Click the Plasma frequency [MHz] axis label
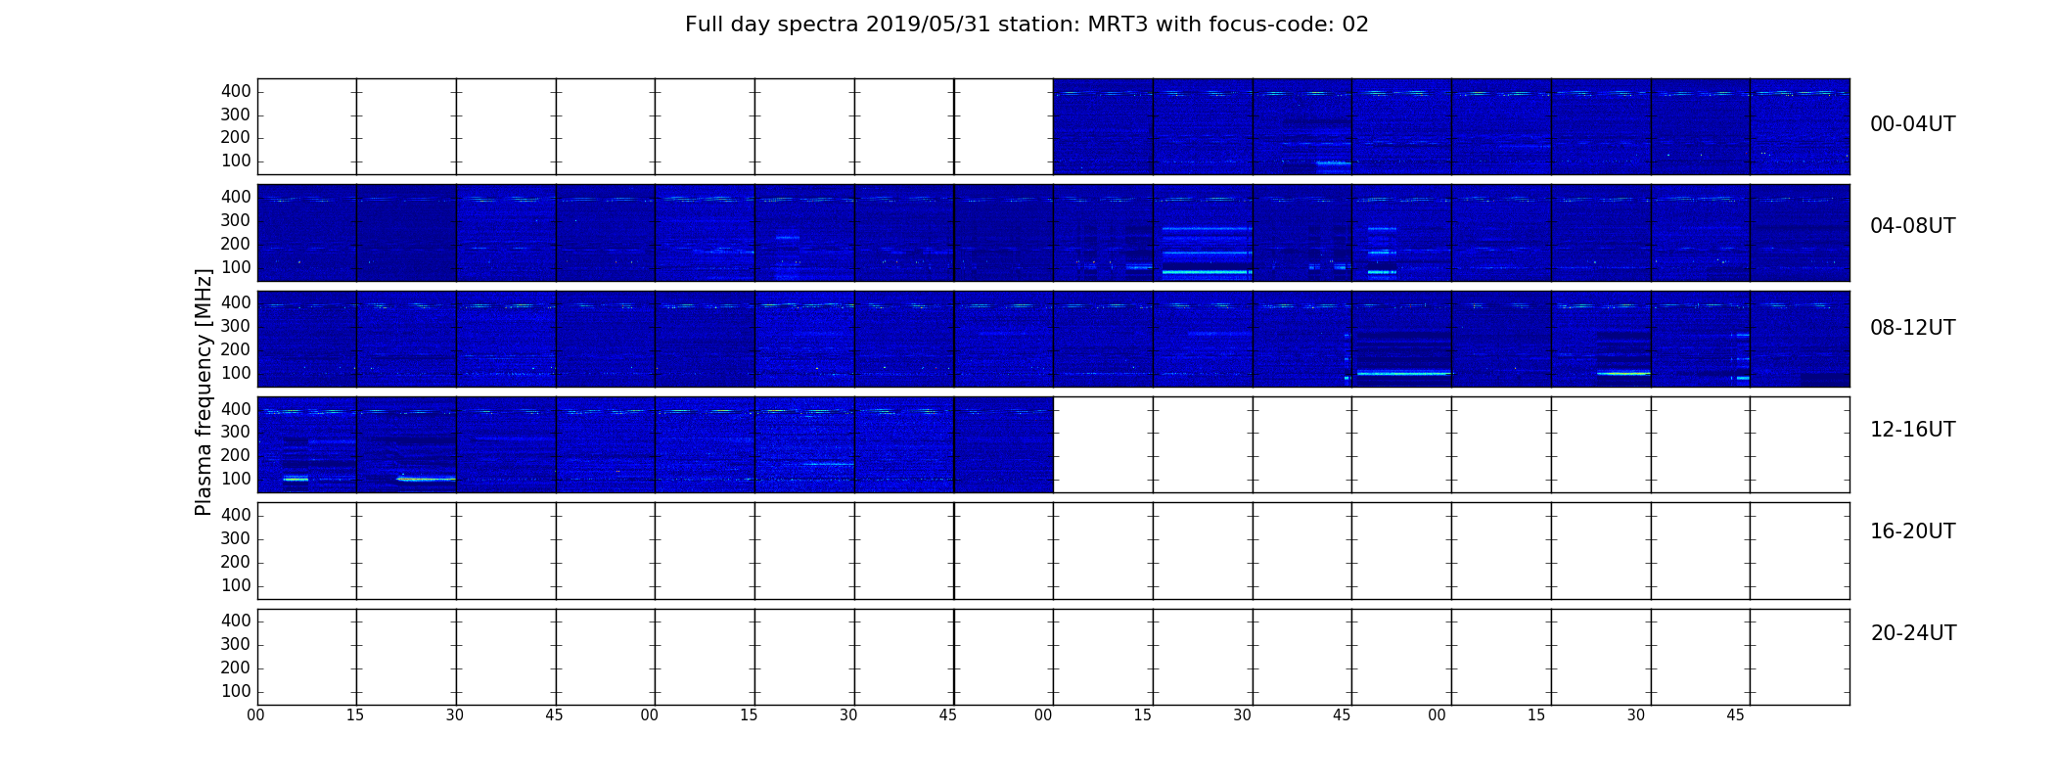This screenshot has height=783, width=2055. tap(204, 391)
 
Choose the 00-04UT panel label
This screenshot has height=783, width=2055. tap(1913, 124)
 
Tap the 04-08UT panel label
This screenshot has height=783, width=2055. tap(1913, 226)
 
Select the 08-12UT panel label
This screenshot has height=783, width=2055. tap(1913, 328)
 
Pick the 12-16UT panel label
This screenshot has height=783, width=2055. tap(1913, 430)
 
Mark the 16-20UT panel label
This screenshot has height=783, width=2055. tap(1913, 531)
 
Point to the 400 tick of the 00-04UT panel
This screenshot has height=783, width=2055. tap(236, 91)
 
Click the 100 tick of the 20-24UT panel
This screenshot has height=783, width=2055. tap(236, 691)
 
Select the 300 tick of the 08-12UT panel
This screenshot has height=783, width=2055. tap(236, 326)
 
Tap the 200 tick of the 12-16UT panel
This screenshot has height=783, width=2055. tap(236, 455)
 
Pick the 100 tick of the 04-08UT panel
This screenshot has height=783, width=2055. tap(236, 267)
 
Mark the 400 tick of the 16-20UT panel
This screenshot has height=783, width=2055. tap(236, 515)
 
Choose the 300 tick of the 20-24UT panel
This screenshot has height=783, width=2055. tap(236, 644)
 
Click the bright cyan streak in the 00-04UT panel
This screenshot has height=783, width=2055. tap(1333, 162)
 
